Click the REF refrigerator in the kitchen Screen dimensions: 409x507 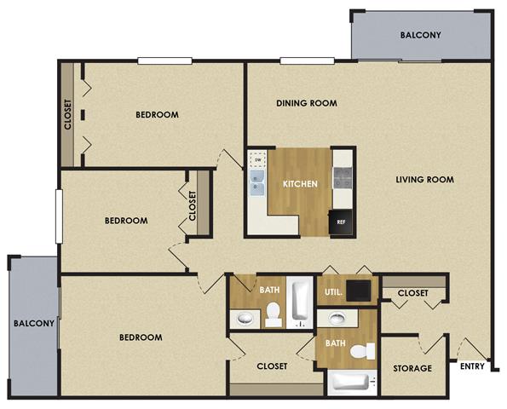pyautogui.click(x=341, y=221)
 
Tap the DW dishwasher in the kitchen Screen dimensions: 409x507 pyautogui.click(x=257, y=158)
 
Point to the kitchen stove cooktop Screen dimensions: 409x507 pyautogui.click(x=342, y=178)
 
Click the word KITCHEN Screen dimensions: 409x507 pyautogui.click(x=300, y=184)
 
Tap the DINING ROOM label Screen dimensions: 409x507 pyautogui.click(x=307, y=104)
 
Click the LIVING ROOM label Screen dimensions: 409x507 pyautogui.click(x=424, y=180)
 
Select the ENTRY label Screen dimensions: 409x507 pyautogui.click(x=472, y=367)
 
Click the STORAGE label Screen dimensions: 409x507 pyautogui.click(x=412, y=369)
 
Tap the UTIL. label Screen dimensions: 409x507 pyautogui.click(x=334, y=292)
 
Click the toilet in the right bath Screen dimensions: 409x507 pyautogui.click(x=365, y=351)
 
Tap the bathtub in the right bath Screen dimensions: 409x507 pyautogui.click(x=350, y=383)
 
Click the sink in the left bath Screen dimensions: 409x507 pyautogui.click(x=245, y=319)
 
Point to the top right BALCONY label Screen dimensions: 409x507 pyautogui.click(x=421, y=36)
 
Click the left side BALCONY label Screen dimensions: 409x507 pyautogui.click(x=33, y=324)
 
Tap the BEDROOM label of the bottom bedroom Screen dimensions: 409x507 pyautogui.click(x=140, y=337)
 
